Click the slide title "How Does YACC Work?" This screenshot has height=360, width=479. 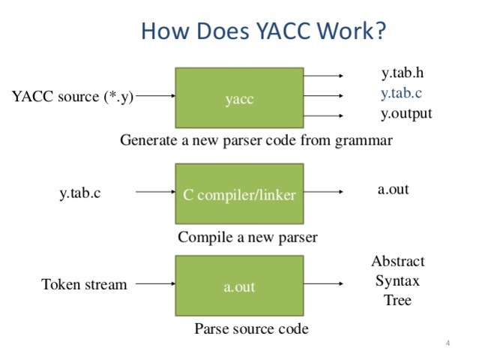pyautogui.click(x=263, y=31)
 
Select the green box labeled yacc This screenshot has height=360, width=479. pyautogui.click(x=239, y=98)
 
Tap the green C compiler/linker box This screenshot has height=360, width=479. pyautogui.click(x=239, y=194)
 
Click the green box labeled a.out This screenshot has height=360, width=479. pyautogui.click(x=239, y=286)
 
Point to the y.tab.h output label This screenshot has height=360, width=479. pyautogui.click(x=403, y=73)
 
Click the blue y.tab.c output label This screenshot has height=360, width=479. pyautogui.click(x=402, y=94)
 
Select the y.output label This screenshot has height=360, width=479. pyautogui.click(x=406, y=115)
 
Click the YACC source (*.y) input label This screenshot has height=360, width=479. pyautogui.click(x=73, y=97)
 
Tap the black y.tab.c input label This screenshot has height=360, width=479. pyautogui.click(x=80, y=193)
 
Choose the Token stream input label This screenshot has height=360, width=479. pyautogui.click(x=84, y=285)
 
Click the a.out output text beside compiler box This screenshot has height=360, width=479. pyautogui.click(x=393, y=189)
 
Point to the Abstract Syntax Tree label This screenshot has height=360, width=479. pyautogui.click(x=397, y=280)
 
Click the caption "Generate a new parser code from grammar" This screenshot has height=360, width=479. pyautogui.click(x=256, y=140)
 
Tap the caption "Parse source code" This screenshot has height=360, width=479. pyautogui.click(x=251, y=328)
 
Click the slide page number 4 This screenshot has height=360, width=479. pyautogui.click(x=447, y=343)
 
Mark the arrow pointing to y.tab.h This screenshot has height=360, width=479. pyautogui.click(x=324, y=76)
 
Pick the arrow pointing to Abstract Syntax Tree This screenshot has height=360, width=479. pyautogui.click(x=324, y=285)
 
